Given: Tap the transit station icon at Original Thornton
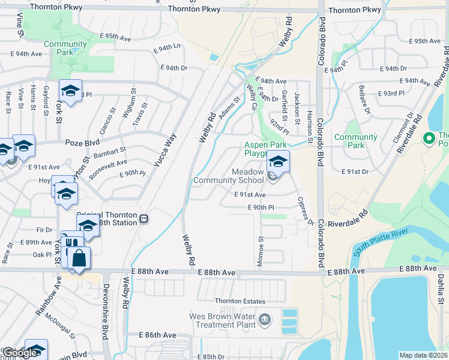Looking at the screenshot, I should [143, 218].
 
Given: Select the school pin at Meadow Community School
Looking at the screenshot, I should [278, 161].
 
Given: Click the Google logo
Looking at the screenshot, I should [20, 353].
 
